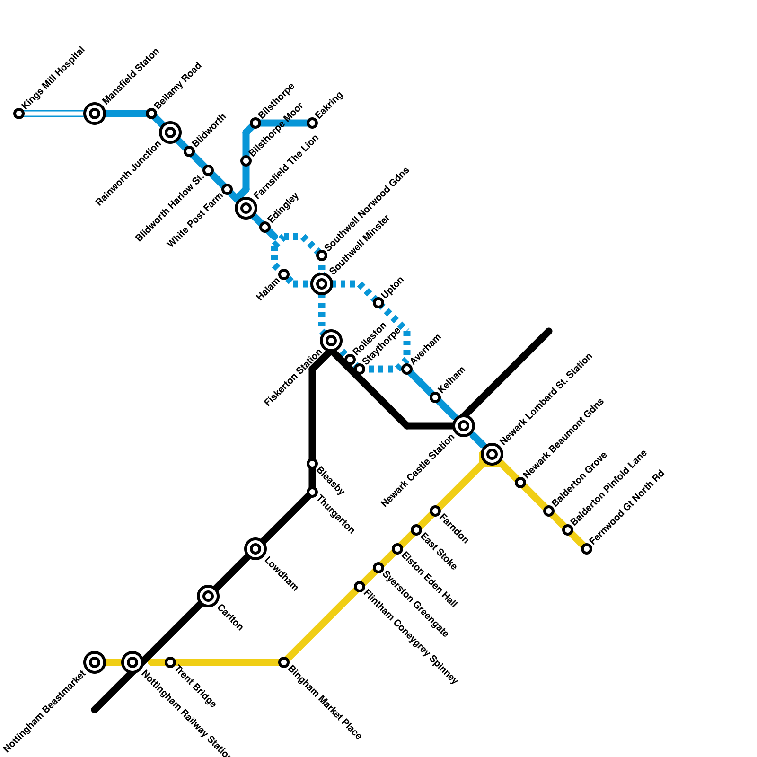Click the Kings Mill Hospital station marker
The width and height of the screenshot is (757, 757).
[19, 114]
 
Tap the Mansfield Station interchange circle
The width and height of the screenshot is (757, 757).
[95, 114]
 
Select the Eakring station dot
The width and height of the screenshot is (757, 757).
[312, 123]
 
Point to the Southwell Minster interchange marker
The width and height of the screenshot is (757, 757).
[322, 284]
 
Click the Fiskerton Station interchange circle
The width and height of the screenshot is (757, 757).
[331, 341]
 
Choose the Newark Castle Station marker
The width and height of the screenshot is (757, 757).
[464, 426]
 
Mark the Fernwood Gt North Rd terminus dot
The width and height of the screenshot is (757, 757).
[587, 549]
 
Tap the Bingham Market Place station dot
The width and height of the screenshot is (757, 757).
[284, 662]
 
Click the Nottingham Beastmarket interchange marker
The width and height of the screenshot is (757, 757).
[95, 662]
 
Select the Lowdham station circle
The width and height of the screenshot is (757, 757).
[255, 549]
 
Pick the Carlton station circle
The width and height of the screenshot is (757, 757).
[208, 596]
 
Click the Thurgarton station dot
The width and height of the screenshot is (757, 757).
[312, 492]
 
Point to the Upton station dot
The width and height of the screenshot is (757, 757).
[378, 303]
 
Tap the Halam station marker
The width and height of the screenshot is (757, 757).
[284, 274]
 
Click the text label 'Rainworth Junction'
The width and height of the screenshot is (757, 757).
[129, 174]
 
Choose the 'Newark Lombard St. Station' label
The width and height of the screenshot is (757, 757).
[546, 398]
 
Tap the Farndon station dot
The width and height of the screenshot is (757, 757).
[435, 511]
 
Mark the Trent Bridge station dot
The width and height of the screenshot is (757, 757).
[170, 662]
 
